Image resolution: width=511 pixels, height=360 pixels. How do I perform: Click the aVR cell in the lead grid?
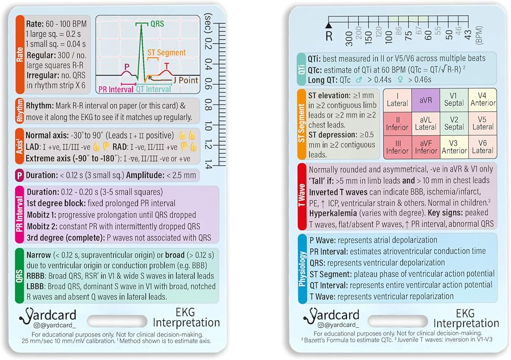[426, 100]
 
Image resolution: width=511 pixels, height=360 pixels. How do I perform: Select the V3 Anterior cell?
[454, 147]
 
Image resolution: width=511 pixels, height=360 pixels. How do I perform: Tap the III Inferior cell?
[397, 147]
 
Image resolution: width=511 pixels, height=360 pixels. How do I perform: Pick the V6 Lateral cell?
[483, 147]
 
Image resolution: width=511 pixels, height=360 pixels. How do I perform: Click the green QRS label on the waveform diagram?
[157, 24]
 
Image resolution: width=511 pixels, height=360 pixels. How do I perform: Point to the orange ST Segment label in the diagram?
[167, 53]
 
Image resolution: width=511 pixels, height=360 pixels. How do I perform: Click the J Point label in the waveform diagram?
[185, 80]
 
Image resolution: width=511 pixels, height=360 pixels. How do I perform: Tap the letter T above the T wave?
[167, 66]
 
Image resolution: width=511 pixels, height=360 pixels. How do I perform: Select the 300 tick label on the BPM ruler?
[349, 38]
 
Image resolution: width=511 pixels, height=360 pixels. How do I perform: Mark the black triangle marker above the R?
[329, 25]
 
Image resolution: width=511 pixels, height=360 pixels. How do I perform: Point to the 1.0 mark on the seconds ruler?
[208, 126]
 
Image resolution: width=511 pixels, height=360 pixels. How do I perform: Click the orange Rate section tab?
[20, 55]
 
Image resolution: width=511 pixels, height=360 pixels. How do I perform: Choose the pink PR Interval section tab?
[19, 214]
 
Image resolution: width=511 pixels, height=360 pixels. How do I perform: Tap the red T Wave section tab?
[302, 196]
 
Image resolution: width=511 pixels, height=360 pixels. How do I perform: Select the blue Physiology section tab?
[303, 269]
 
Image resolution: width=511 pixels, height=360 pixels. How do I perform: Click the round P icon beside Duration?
[19, 175]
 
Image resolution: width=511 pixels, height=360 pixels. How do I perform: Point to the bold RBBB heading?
[36, 276]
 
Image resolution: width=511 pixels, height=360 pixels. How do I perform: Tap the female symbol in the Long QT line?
[400, 80]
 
